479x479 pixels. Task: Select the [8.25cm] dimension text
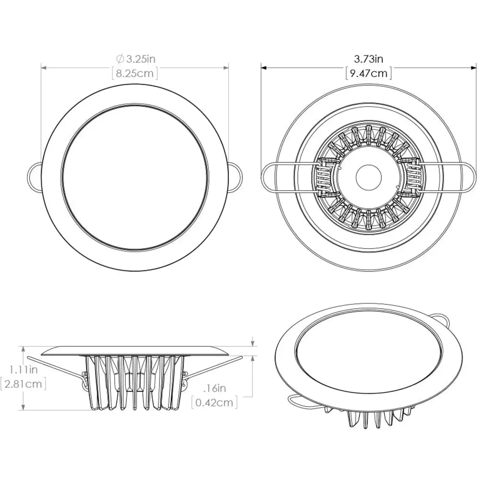(135, 73)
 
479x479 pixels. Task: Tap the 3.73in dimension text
(368, 59)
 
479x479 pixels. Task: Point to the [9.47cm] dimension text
(368, 73)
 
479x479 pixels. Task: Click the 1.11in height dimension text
(23, 369)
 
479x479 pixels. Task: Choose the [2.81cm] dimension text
(23, 384)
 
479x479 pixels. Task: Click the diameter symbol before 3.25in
(120, 59)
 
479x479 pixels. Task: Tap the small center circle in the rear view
(368, 177)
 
